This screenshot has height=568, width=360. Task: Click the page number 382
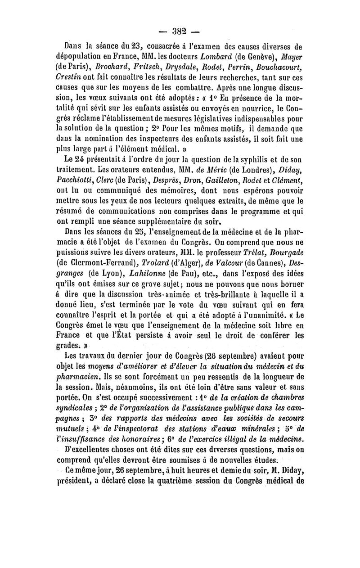click(x=180, y=32)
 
